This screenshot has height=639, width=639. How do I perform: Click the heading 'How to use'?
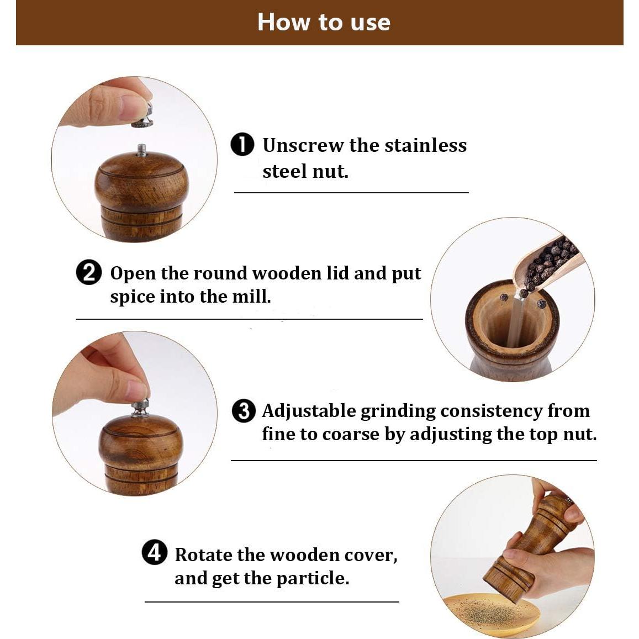pyautogui.click(x=324, y=22)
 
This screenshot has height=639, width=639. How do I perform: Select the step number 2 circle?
pyautogui.click(x=88, y=272)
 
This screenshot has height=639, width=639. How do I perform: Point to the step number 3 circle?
pyautogui.click(x=244, y=411)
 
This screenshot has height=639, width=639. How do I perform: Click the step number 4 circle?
pyautogui.click(x=155, y=552)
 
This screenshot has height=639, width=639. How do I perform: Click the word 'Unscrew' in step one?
pyautogui.click(x=303, y=145)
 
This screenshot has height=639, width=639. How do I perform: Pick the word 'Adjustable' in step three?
pyautogui.click(x=309, y=411)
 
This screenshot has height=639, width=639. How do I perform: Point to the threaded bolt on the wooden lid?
pyautogui.click(x=141, y=150)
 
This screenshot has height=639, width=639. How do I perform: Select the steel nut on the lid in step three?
pyautogui.click(x=140, y=409)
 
